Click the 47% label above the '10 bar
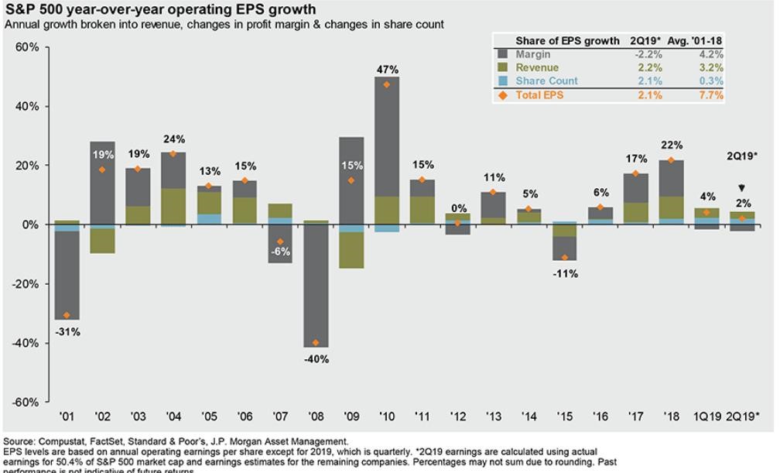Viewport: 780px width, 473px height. point(388,70)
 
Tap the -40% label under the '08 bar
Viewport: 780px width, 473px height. point(316,359)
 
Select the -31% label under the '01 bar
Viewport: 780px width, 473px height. point(68,332)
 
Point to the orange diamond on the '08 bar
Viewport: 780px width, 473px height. point(316,343)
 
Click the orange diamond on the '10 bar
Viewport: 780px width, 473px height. point(388,84)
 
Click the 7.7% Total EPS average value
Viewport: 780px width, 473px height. point(710,95)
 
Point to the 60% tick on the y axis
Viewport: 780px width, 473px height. point(29,47)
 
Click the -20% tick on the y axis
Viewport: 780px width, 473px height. point(26,284)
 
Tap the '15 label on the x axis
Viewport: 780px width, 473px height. point(566,417)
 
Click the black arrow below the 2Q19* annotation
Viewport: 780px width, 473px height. point(742,188)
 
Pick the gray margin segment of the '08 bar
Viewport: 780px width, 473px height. point(316,286)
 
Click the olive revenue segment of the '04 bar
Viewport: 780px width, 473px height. point(173,206)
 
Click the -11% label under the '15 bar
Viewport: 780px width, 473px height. point(566,274)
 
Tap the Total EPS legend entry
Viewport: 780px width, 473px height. point(542,95)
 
